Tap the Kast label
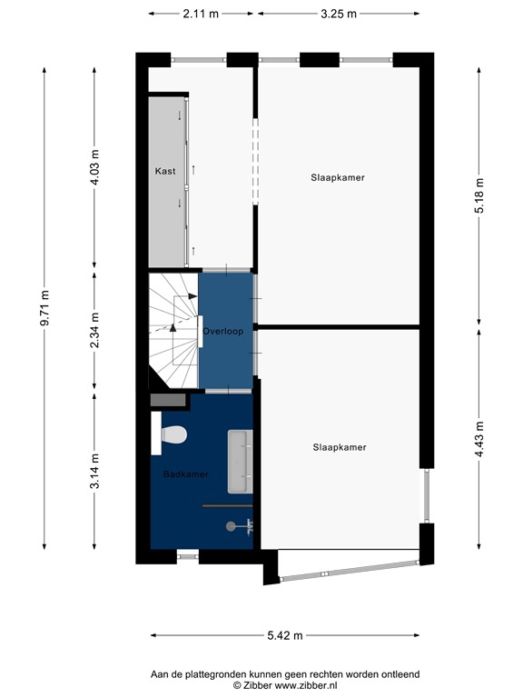pos(164,171)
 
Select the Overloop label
pos(223,331)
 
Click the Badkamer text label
pos(186,474)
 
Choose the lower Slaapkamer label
pos(339,447)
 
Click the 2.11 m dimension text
pos(201,14)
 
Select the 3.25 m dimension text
pos(339,14)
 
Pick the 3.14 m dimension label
pos(94,473)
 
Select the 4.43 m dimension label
pos(479,443)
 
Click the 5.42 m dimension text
pos(284,636)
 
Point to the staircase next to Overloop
pos(172,329)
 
